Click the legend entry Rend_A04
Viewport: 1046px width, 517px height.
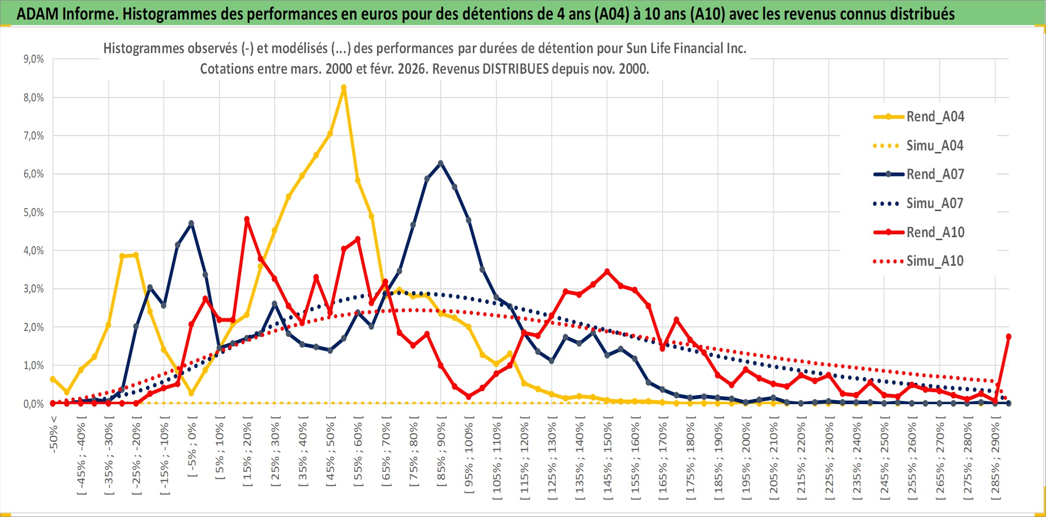935,117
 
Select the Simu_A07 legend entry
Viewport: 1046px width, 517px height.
935,204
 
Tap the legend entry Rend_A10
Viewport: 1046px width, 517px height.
935,232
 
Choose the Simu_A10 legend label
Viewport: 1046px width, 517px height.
935,261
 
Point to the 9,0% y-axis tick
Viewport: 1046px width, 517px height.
34,59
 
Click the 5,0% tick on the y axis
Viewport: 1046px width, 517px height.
34,213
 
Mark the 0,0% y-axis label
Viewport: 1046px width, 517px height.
34,404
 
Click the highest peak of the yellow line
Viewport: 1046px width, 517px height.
343,88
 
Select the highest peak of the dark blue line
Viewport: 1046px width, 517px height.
441,163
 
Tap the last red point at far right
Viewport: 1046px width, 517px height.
1008,336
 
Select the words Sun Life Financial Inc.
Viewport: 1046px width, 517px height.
686,49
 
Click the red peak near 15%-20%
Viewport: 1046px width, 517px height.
247,219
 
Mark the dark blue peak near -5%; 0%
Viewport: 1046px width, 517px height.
191,224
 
